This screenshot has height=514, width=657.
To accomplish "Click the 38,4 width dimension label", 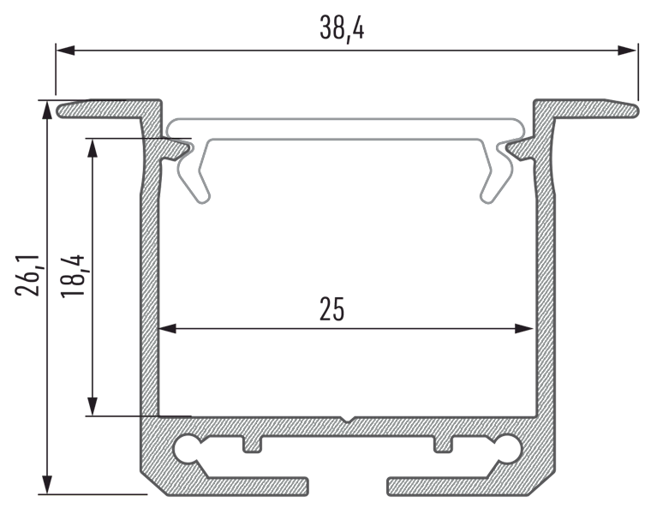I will click(342, 29).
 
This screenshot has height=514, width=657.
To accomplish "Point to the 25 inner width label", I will click(332, 309).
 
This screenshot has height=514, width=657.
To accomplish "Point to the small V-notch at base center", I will click(346, 420).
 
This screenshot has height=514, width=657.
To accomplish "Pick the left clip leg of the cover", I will click(195, 176).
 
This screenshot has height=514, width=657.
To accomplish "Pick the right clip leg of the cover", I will click(494, 176).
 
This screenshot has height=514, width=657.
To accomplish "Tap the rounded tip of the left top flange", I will click(63, 110).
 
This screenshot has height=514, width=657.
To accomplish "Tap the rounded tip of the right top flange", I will click(633, 110).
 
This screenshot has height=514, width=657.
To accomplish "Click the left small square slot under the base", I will click(253, 444).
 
